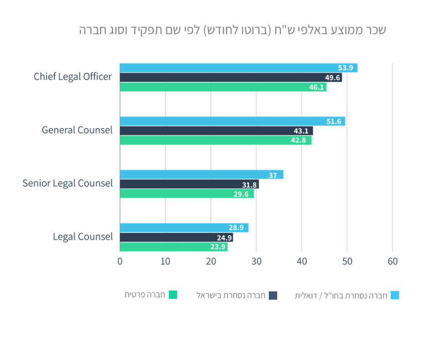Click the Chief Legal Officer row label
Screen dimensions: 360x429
(73, 77)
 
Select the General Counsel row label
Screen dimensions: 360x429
(77, 130)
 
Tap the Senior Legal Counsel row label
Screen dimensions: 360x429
(68, 184)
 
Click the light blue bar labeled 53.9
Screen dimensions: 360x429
(238, 68)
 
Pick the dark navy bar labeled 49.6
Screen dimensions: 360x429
(230, 78)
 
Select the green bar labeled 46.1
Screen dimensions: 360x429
(223, 87)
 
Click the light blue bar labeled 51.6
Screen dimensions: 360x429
(232, 122)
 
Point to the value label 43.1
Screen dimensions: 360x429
(301, 131)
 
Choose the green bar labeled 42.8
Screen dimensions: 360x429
(215, 141)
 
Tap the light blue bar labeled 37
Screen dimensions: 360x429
(201, 175)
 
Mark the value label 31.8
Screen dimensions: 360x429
(250, 185)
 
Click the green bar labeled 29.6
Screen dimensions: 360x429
(187, 194)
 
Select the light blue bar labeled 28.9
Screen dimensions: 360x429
(184, 228)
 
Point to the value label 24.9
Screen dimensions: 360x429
(225, 238)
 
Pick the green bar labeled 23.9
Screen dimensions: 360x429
(173, 247)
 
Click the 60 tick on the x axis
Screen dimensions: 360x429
(392, 261)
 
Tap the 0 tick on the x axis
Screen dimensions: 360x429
(120, 261)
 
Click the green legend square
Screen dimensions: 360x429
(173, 295)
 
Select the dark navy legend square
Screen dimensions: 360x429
(273, 296)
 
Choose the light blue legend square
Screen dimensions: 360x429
(395, 296)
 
